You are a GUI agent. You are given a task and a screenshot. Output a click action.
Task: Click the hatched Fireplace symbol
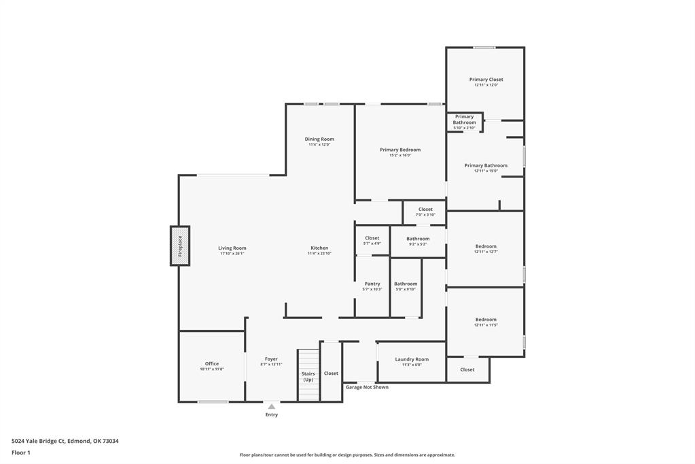pyautogui.click(x=180, y=246)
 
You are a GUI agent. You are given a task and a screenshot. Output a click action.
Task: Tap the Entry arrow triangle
pyautogui.click(x=271, y=407)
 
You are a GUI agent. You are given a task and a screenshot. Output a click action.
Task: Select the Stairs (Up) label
pyautogui.click(x=308, y=376)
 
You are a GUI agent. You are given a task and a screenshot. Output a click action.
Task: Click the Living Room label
pyautogui.click(x=232, y=248)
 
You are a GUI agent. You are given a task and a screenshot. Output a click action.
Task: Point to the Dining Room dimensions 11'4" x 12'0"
pyautogui.click(x=319, y=145)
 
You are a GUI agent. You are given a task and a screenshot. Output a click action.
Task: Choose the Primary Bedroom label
pyautogui.click(x=400, y=150)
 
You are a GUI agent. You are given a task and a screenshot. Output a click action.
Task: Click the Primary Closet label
pyautogui.click(x=486, y=80)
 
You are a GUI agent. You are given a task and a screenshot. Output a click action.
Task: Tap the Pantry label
pyautogui.click(x=372, y=284)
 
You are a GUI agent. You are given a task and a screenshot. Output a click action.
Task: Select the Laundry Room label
pyautogui.click(x=412, y=359)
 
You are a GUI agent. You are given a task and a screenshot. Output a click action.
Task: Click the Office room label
pyautogui.click(x=212, y=363)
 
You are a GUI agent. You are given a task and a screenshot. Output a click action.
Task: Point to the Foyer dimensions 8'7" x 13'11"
pyautogui.click(x=271, y=365)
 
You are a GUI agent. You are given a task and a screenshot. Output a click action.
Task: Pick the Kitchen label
pyautogui.click(x=319, y=248)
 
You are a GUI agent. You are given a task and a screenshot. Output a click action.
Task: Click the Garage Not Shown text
pyautogui.click(x=367, y=387)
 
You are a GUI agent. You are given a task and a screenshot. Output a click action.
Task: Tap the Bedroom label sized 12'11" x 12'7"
pyautogui.click(x=486, y=246)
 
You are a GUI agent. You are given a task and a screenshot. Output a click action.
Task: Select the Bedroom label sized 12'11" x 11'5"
pyautogui.click(x=486, y=319)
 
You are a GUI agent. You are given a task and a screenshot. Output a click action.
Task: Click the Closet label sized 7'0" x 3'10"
pyautogui.click(x=425, y=210)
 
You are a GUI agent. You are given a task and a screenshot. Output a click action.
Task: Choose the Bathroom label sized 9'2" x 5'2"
pyautogui.click(x=418, y=239)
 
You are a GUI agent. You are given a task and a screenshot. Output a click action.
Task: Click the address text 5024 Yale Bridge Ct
pyautogui.click(x=65, y=441)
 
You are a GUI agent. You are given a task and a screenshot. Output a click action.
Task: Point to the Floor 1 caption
pyautogui.click(x=21, y=452)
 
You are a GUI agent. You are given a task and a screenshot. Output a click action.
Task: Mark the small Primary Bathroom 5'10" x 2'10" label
pyautogui.click(x=465, y=120)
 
